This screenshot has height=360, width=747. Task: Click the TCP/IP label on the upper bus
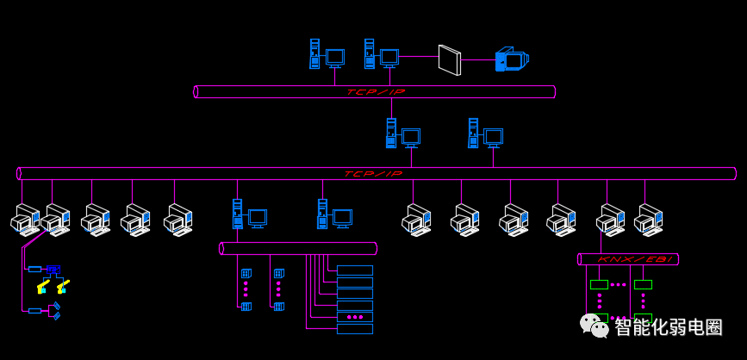tap(376, 92)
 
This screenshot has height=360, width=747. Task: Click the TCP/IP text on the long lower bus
tap(374, 174)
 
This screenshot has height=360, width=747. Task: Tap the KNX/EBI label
tap(628, 259)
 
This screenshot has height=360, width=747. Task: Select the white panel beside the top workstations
tap(450, 60)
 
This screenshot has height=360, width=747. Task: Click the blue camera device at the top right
tap(512, 59)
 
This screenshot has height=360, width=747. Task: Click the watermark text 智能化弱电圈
tap(669, 327)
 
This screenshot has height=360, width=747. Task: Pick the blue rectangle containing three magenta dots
tap(355, 317)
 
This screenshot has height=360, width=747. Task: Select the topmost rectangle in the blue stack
tap(355, 270)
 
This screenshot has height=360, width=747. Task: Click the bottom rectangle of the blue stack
tap(355, 329)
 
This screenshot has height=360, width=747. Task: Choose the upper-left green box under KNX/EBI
tap(599, 285)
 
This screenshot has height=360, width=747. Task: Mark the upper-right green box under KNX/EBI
tap(643, 285)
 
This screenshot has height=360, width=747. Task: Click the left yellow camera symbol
tap(43, 286)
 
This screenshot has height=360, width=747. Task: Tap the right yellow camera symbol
tap(63, 286)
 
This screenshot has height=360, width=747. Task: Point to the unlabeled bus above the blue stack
tap(298, 249)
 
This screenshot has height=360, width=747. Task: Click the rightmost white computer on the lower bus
tap(649, 220)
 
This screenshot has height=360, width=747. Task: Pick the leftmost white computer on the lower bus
tap(25, 219)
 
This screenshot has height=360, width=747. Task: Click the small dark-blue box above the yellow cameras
tap(53, 270)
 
